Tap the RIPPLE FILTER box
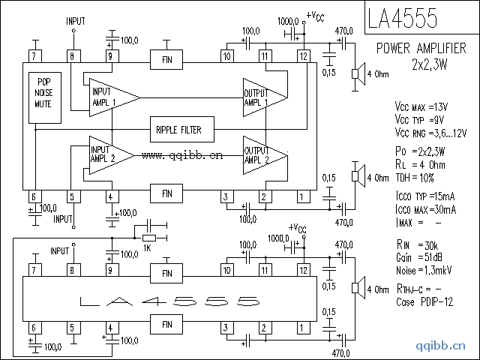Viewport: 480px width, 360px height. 180,129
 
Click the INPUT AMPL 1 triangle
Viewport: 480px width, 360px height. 109,97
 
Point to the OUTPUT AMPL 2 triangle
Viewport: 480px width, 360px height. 262,155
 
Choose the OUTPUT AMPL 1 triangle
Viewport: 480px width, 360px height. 262,97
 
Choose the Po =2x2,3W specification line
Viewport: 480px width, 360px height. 424,152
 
